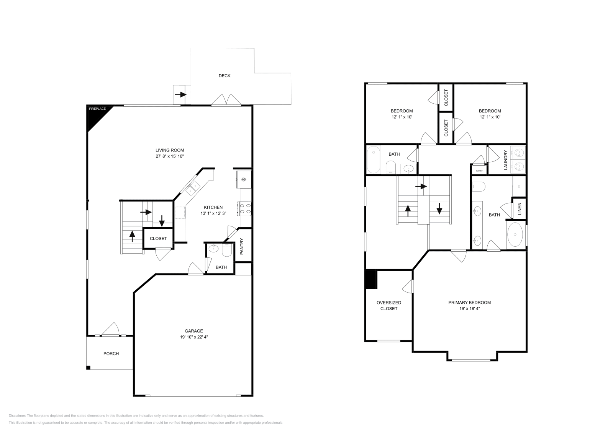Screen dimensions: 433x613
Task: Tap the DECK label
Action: [225, 76]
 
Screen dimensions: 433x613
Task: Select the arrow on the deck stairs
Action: [180, 94]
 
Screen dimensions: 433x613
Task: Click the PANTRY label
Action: [242, 247]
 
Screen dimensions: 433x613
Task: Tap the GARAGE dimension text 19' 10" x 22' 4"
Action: [194, 337]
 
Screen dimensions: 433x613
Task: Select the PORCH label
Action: [111, 353]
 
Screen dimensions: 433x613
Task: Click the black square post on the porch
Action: [88, 368]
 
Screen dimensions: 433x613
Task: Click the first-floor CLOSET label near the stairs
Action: [158, 238]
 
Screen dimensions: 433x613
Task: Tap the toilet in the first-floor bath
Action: [227, 251]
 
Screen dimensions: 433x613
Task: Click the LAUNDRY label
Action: [506, 160]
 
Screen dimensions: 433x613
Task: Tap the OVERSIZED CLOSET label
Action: [389, 305]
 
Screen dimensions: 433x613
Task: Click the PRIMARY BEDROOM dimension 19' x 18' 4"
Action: [470, 308]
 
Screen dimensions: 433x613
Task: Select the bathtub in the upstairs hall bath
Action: [373, 160]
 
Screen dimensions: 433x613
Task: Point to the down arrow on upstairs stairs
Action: [439, 210]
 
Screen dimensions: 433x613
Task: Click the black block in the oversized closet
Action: [371, 279]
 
